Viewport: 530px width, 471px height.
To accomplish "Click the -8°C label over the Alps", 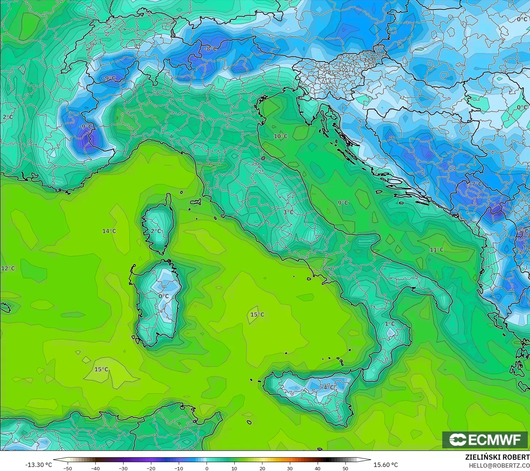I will coord(211,49).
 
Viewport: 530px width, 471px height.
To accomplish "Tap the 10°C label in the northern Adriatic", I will coord(281,137).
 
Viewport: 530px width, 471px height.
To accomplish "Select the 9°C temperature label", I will coord(343,203).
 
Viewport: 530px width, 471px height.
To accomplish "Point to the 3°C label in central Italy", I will coord(288,212).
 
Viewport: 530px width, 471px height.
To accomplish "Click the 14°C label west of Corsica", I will coord(109,231).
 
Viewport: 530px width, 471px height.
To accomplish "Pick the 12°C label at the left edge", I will coord(8,269).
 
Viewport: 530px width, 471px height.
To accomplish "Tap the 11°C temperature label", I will coord(436,250).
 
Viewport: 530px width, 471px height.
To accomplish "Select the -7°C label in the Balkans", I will coord(475,184).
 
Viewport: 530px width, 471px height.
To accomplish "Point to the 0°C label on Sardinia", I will coord(163,296).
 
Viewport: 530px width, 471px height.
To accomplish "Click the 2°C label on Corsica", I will coord(156,231).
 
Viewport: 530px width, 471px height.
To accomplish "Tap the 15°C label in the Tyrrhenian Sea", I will coord(257,315).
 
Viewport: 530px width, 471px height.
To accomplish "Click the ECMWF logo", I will coord(485,440).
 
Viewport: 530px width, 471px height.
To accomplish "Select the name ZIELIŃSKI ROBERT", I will coord(497,457).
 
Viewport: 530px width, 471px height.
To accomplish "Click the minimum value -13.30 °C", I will coord(38,465).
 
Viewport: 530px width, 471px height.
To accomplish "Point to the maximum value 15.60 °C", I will coord(386,465).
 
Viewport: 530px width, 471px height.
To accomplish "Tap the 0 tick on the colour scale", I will coord(207,468).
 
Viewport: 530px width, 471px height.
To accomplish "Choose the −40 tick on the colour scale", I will coord(95,468).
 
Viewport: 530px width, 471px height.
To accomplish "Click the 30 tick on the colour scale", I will coord(289,468).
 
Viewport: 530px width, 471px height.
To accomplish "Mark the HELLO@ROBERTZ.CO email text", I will coord(499,465).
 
